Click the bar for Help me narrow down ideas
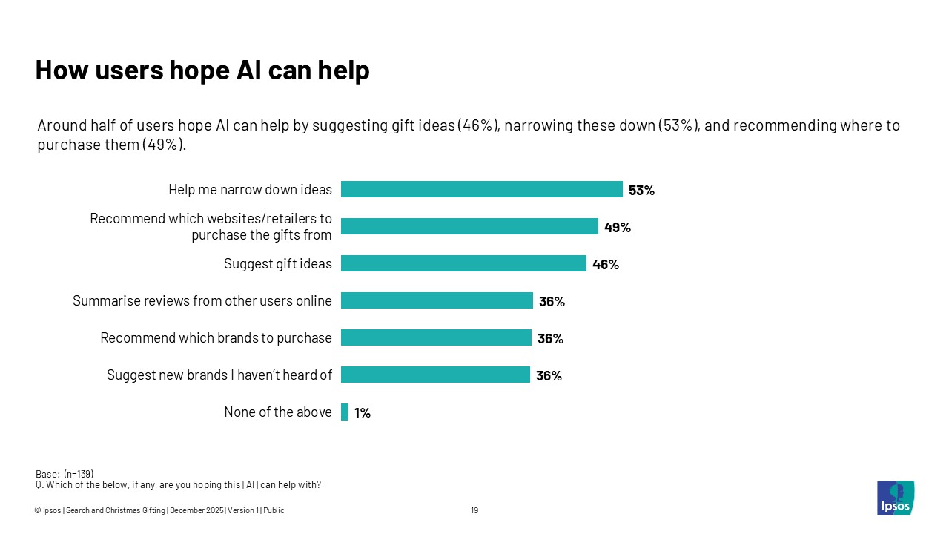(481, 189)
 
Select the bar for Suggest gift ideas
(463, 263)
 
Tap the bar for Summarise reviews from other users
(437, 300)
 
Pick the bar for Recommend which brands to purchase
(436, 337)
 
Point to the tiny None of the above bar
(345, 412)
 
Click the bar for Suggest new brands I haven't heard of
(435, 375)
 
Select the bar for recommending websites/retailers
(469, 226)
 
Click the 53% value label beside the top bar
(641, 191)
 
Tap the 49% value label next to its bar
(617, 228)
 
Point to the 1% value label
(362, 413)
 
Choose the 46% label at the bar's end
(605, 265)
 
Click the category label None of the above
(278, 412)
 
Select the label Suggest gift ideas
(278, 263)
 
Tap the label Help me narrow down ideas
(250, 189)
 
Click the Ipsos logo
(896, 498)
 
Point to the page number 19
(474, 510)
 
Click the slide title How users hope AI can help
(202, 70)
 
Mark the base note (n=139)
(65, 474)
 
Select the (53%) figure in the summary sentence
(678, 125)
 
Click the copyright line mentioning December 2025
(159, 510)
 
